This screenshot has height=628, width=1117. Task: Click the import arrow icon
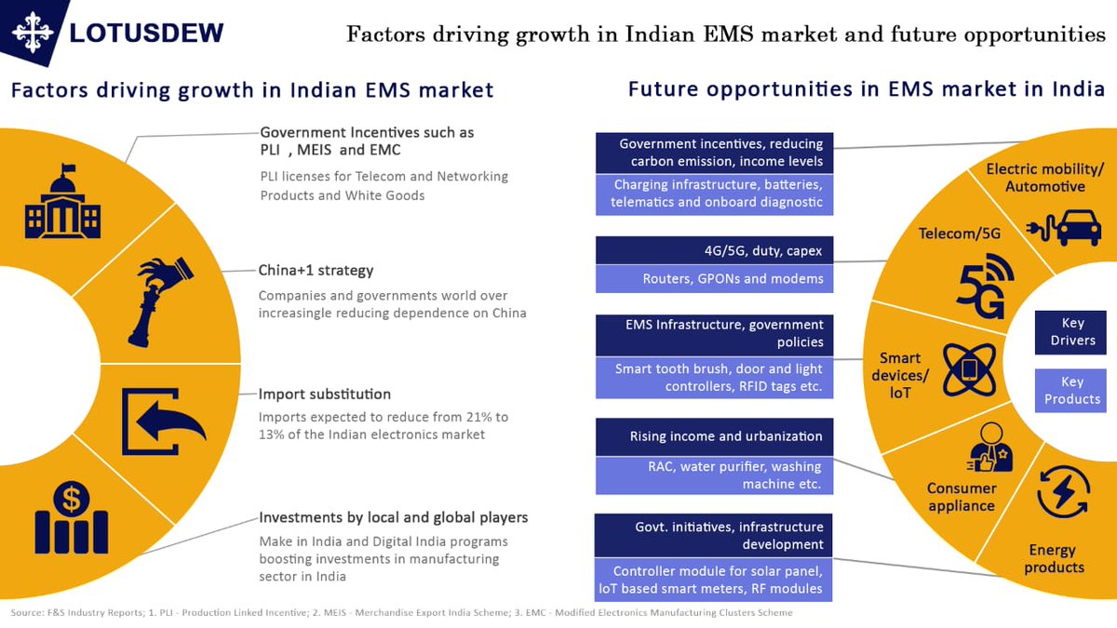163,419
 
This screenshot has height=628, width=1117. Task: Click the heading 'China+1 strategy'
316,271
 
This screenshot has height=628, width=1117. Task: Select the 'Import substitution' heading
324,394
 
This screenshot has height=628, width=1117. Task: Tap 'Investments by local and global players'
393,517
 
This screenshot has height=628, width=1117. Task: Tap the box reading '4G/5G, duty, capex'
714,250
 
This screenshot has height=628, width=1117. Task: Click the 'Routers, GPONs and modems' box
714,278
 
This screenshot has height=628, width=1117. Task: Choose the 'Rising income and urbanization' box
714,436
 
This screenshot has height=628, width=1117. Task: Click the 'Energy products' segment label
1054,558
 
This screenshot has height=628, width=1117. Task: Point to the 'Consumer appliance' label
962,497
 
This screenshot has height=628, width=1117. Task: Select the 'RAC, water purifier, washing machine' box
714,475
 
